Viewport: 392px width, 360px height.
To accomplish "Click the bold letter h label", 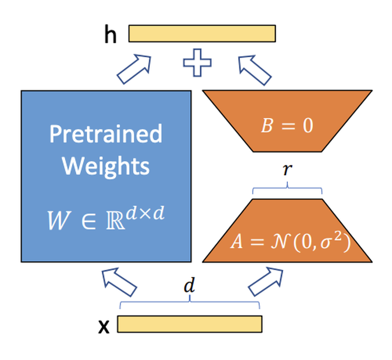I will [x=109, y=34].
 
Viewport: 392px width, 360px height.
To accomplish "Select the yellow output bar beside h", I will [x=202, y=33].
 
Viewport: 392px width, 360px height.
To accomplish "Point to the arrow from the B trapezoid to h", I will [x=255, y=68].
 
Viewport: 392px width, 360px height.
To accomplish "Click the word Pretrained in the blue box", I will [x=105, y=134].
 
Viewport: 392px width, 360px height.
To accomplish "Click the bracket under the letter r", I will [x=287, y=189].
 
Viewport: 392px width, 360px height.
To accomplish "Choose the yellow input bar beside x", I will [x=190, y=324].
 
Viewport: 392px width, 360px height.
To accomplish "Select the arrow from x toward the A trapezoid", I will [x=264, y=282].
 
